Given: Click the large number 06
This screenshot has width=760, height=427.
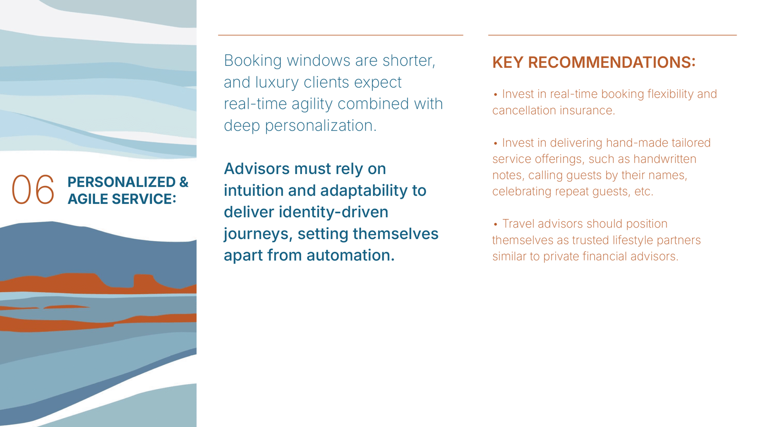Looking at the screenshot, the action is [x=33, y=189].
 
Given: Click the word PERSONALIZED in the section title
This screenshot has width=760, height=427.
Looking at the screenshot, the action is [x=122, y=182].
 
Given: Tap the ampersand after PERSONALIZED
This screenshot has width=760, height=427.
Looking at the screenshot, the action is [x=183, y=182].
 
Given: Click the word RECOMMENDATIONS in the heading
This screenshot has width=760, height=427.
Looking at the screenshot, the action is [x=611, y=62].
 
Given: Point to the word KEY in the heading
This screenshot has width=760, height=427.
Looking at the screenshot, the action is [x=508, y=62].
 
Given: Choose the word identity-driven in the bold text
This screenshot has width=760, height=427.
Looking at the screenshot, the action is [x=333, y=213].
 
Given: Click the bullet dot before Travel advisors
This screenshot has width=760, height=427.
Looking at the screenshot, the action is [x=495, y=224].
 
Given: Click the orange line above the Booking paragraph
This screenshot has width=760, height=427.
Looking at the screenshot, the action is [x=340, y=35].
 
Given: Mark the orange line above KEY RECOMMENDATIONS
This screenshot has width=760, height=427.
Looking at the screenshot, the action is [x=612, y=35].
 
